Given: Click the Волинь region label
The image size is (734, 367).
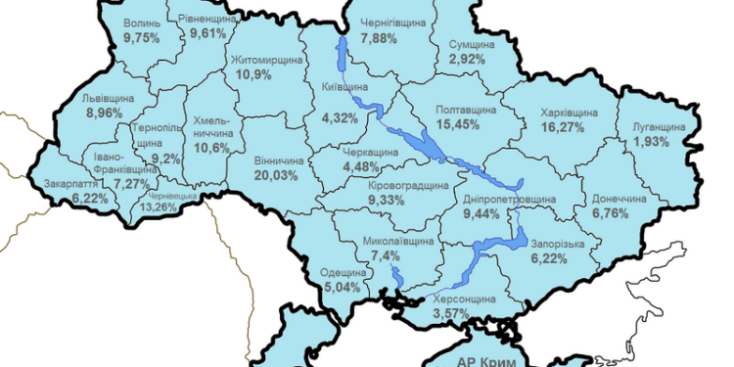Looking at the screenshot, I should coord(144,22).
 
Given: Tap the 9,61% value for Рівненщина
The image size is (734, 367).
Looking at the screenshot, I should coord(207,32).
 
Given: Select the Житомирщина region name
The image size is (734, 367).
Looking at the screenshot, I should coord(267,60).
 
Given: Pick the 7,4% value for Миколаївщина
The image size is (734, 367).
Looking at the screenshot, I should coord(380,254).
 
